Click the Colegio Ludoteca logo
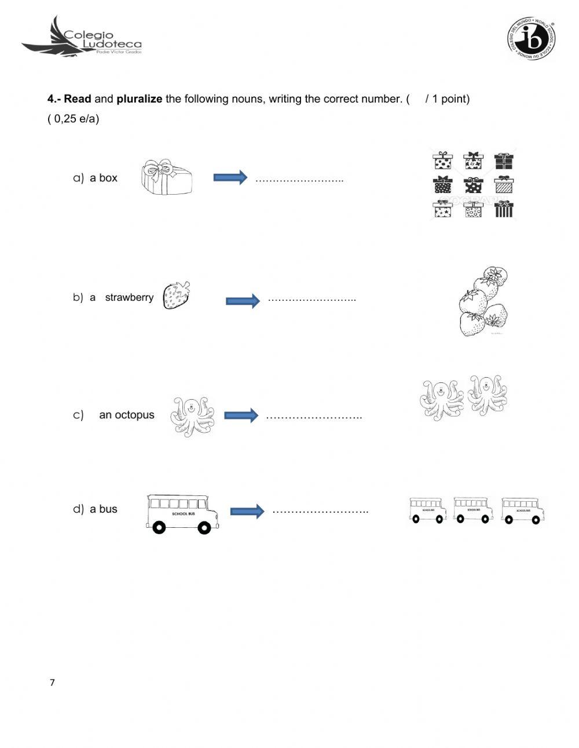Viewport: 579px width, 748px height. click(81, 37)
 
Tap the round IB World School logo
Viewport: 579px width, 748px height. click(531, 39)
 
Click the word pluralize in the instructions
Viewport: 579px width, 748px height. click(139, 99)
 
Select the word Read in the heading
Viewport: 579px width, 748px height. click(78, 99)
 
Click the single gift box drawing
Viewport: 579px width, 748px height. click(167, 177)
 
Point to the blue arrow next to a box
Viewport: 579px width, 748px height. click(230, 177)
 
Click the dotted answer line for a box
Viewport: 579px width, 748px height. click(299, 180)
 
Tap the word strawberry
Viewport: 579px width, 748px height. click(129, 297)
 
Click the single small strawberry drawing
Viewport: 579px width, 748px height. click(177, 295)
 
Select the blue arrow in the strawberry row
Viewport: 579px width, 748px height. click(243, 301)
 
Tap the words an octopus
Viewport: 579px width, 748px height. click(127, 415)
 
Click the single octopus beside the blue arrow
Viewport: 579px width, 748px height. click(192, 417)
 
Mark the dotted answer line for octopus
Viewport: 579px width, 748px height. click(314, 417)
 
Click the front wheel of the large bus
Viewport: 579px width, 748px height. click(204, 528)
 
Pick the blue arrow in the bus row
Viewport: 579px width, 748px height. click(247, 511)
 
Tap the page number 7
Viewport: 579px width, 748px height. click(52, 683)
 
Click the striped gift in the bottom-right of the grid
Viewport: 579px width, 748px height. click(504, 209)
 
